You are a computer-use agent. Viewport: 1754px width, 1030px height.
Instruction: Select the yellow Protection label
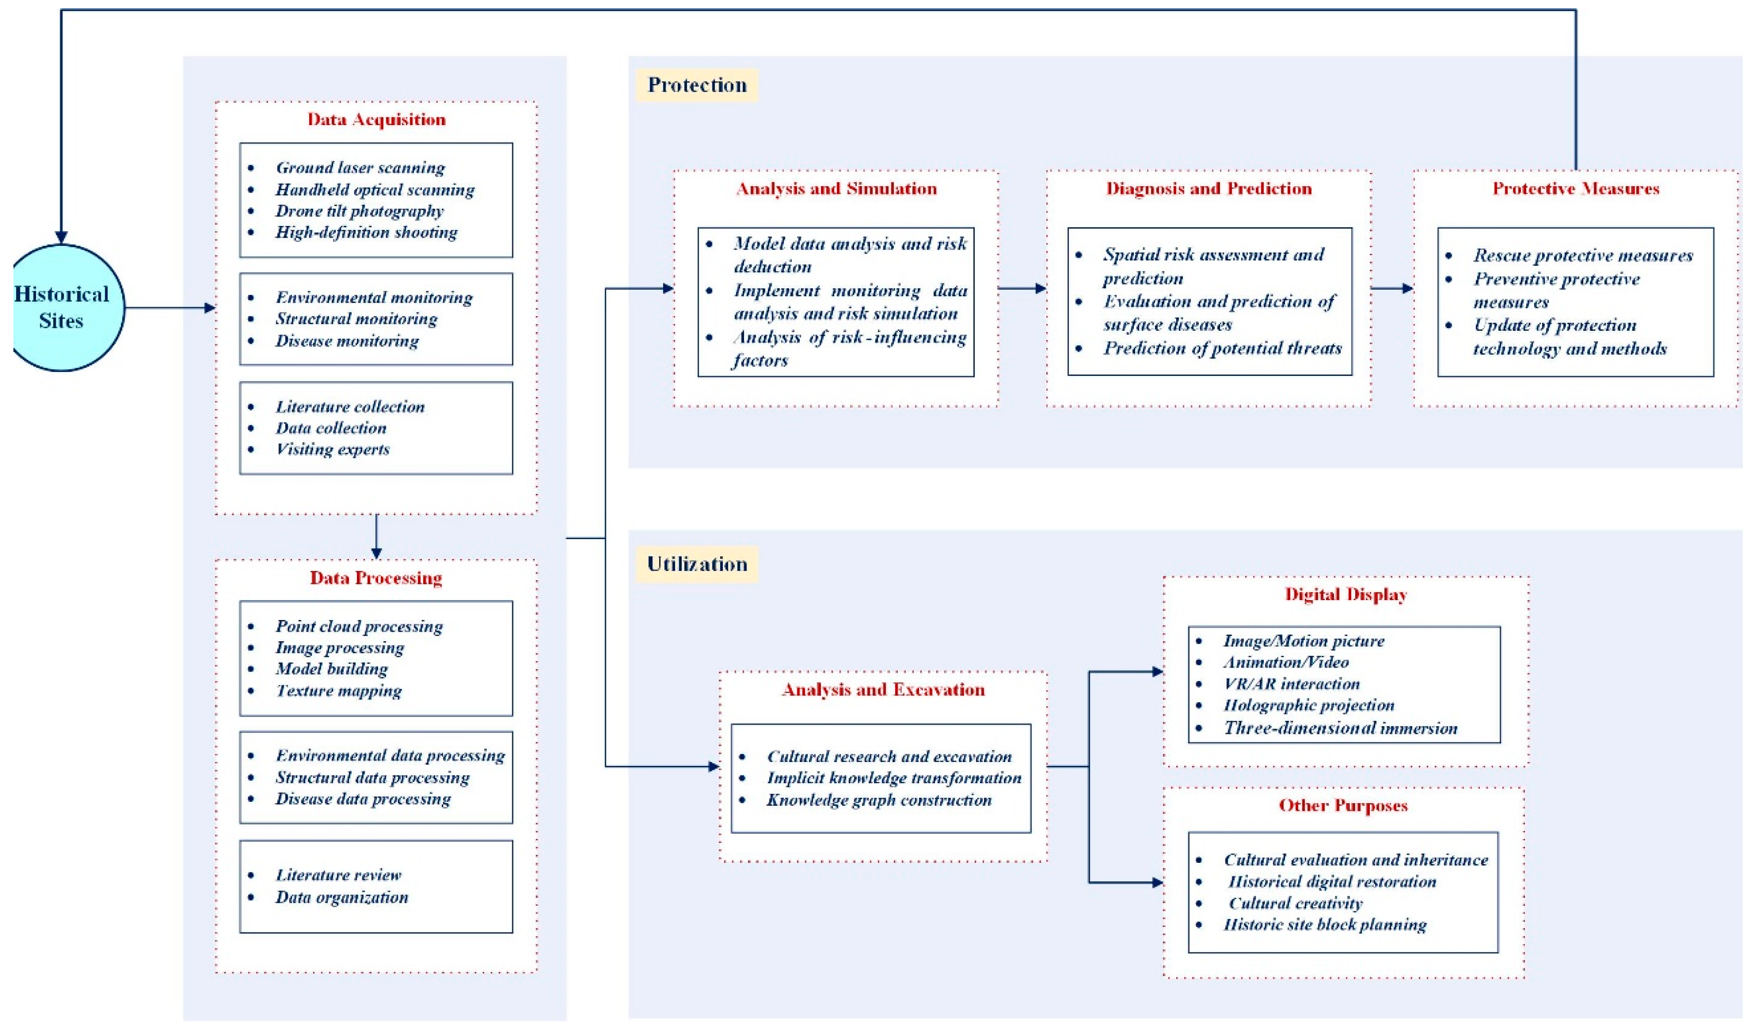coord(697,85)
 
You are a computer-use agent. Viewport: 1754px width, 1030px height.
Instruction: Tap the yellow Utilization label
coord(697,564)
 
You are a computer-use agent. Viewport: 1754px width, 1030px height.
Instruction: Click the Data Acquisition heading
coord(376,119)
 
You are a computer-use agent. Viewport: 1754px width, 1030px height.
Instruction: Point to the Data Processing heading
coord(376,578)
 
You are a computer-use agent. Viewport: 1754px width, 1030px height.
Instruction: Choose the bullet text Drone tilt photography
coord(359,211)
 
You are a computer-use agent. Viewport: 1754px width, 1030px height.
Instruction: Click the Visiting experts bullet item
coord(333,449)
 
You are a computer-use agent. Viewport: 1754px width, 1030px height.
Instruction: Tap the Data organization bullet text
coord(342,897)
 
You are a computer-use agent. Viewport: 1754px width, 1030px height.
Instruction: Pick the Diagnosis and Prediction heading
coord(1209,189)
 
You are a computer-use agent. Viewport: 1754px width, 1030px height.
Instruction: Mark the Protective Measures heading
coord(1576,189)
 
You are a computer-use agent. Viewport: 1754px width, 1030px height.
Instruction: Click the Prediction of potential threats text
coord(1222,348)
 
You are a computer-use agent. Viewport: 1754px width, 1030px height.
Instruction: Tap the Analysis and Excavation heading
coord(883,690)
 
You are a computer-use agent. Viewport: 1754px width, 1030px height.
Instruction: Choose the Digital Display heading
coord(1346,594)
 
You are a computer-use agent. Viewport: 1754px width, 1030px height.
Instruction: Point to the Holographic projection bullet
coord(1308,705)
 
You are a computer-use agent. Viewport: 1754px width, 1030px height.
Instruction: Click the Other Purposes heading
coord(1343,805)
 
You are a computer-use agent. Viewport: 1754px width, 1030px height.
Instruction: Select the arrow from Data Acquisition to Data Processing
coord(376,536)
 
